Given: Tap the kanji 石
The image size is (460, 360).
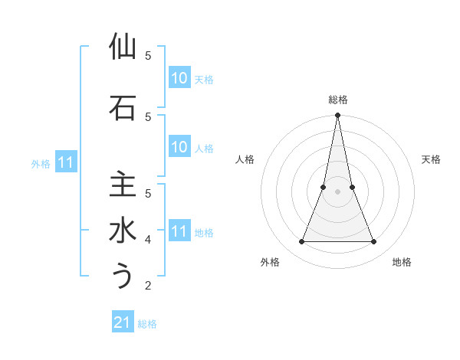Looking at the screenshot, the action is [123, 108].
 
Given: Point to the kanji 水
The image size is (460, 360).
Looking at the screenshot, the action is [123, 231].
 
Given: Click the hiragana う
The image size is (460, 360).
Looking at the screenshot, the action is [123, 277].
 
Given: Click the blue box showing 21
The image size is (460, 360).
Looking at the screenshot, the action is [123, 322].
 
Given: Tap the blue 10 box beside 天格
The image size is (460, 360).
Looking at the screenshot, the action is [179, 78].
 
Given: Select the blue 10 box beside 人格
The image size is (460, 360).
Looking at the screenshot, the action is [179, 147].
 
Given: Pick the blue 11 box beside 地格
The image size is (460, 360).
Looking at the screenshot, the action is [179, 231].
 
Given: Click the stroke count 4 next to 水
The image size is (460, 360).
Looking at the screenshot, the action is [148, 240].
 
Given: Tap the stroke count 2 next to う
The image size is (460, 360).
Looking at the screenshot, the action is [148, 286].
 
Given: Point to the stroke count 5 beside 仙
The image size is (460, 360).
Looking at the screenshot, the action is [148, 56].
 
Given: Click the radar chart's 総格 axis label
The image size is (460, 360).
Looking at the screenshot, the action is [337, 100].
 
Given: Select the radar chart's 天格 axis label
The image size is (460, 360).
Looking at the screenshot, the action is [431, 159].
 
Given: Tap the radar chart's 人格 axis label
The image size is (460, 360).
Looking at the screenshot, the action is [245, 159].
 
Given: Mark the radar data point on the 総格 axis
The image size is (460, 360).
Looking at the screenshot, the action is [337, 115].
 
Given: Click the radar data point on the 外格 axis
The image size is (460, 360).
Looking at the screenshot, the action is [301, 242].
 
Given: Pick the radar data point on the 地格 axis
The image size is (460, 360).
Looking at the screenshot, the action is [374, 242].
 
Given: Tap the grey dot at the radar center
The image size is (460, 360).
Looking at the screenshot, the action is [337, 191].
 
